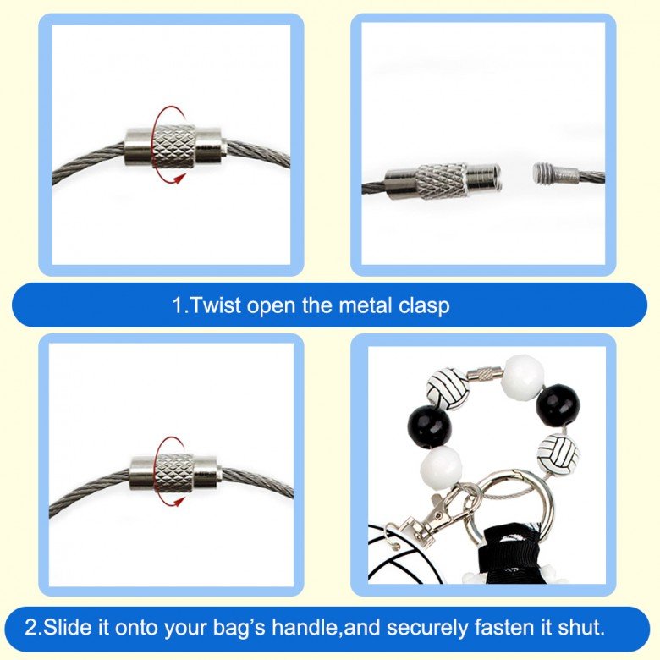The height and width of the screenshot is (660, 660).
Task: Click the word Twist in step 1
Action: coord(216,305)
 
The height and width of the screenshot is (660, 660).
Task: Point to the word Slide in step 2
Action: coord(68,627)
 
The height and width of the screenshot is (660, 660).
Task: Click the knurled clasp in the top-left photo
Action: coord(174,147)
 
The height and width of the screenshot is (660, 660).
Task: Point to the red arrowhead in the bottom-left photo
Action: coord(179,501)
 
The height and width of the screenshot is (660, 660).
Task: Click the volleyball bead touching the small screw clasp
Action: coord(448,389)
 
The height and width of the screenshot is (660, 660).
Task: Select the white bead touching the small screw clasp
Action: coord(523,376)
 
